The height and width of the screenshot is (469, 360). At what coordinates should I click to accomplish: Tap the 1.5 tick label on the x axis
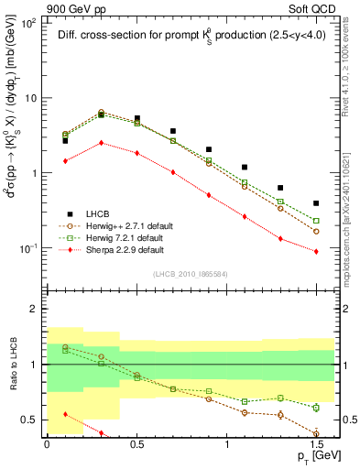pos(316,442)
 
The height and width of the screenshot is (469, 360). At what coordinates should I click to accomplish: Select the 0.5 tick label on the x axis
pos(136,442)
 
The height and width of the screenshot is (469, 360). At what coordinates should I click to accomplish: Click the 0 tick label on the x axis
pos(47,442)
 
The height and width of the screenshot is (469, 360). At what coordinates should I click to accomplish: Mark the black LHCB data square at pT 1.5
pos(316,203)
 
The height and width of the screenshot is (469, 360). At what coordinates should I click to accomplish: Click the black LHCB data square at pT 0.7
pos(172,131)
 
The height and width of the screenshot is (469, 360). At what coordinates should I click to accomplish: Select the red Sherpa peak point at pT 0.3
pos(101,143)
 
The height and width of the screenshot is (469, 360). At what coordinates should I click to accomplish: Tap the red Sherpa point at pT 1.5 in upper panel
pos(316,251)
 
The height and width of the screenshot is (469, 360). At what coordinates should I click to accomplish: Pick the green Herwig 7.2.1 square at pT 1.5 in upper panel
pos(316,221)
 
